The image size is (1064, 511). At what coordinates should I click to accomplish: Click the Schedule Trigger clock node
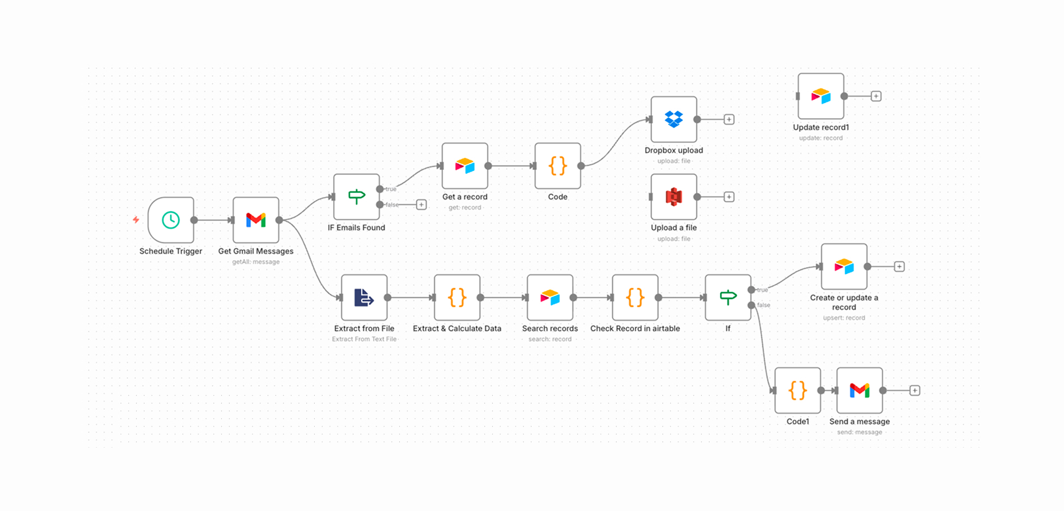click(x=171, y=220)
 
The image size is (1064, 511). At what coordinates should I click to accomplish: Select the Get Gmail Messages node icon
click(x=256, y=220)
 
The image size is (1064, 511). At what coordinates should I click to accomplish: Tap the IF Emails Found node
click(x=356, y=197)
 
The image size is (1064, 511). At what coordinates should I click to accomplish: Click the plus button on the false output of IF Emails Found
click(x=422, y=205)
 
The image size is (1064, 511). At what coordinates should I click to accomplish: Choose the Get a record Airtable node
click(x=465, y=166)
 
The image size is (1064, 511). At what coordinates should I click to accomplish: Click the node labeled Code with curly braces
click(x=558, y=166)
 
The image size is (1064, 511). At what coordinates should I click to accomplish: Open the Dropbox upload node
click(x=674, y=119)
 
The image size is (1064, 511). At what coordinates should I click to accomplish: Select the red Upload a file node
click(x=674, y=197)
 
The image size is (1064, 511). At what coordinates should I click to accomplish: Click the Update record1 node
click(x=820, y=96)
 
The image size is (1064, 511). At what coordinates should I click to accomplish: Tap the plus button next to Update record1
click(x=876, y=96)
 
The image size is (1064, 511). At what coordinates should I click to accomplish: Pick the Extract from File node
click(x=364, y=298)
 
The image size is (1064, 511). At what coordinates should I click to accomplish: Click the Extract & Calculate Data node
click(x=457, y=298)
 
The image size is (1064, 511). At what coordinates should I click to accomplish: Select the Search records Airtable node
click(x=550, y=298)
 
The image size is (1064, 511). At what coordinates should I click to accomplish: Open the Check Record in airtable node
click(x=635, y=298)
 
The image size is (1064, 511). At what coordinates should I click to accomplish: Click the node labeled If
click(x=728, y=298)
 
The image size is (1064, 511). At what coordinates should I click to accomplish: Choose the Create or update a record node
click(x=844, y=267)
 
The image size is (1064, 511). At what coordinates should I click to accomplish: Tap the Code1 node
click(x=797, y=391)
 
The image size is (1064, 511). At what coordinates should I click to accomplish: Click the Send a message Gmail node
click(x=860, y=391)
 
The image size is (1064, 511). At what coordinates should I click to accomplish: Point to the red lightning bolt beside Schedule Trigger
click(x=136, y=220)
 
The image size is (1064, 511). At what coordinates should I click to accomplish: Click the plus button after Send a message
click(x=915, y=391)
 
